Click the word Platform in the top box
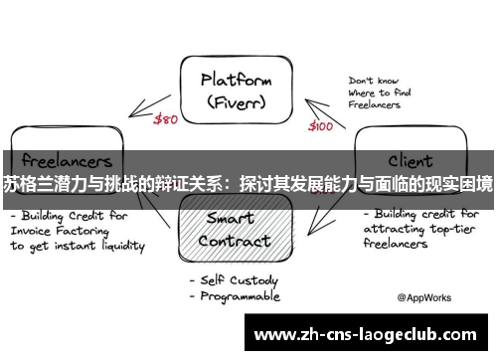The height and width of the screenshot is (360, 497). click(237, 79)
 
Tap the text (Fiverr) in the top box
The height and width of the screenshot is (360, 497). click(237, 101)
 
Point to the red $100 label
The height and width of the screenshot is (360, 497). click(320, 126)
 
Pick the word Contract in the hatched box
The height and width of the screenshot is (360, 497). click(235, 241)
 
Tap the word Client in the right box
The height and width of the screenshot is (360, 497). click(409, 158)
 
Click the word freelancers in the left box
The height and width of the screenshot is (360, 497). click(67, 159)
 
